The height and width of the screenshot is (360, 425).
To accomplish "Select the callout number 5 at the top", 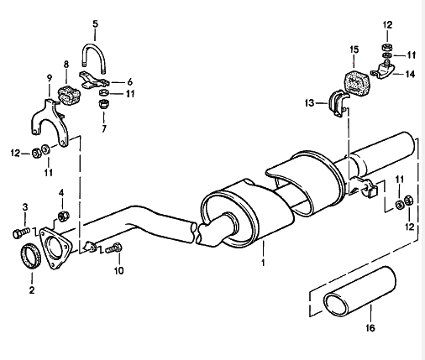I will (95, 23).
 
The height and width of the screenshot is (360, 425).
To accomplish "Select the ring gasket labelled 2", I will (31, 253).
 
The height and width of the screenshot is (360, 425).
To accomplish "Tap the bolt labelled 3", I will (20, 230).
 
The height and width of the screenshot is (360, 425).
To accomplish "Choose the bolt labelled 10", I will (113, 247).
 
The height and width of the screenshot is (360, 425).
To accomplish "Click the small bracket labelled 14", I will (385, 71).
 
